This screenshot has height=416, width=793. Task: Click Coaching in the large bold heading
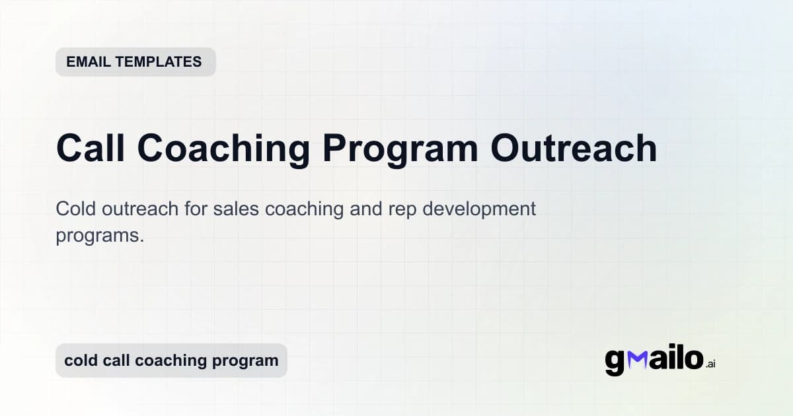point(224,148)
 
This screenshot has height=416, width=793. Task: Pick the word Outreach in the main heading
point(574,148)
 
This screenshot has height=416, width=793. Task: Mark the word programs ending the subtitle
point(100,236)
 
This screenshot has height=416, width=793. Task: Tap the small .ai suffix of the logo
point(710,364)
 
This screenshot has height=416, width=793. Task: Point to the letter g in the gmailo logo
point(615,363)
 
